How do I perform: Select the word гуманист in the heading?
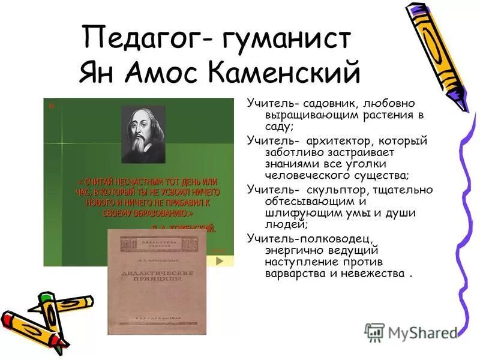(282, 40)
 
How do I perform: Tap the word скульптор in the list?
(334, 190)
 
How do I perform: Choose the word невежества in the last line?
(373, 274)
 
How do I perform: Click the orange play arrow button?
(220, 261)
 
